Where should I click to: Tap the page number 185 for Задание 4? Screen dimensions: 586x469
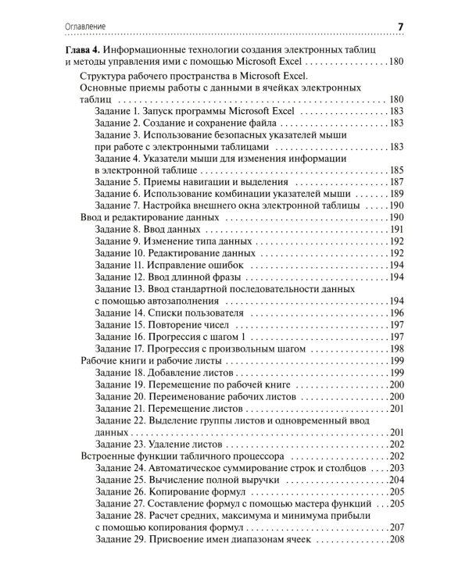coord(396,170)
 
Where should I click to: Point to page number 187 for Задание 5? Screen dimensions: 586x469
coord(396,181)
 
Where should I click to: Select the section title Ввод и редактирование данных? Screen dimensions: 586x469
coord(149,216)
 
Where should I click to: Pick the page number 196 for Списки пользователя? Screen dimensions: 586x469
coord(396,313)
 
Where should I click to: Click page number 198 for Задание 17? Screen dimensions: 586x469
coord(396,348)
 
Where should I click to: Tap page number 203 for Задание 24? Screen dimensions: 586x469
coord(396,468)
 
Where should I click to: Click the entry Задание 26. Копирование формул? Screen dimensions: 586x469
coord(170,491)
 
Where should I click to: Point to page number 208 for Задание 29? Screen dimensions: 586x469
coord(396,539)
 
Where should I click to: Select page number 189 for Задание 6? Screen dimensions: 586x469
coord(396,193)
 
